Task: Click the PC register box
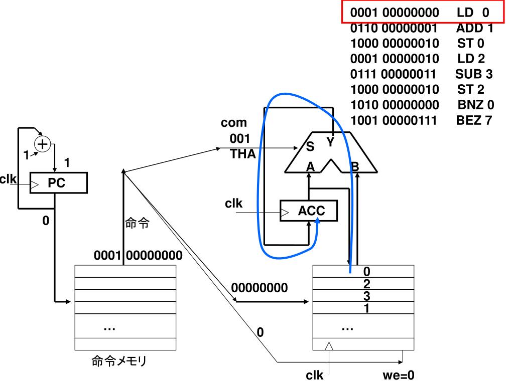(58, 183)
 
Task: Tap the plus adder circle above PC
(43, 144)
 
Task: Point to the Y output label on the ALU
(330, 143)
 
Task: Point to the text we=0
(398, 374)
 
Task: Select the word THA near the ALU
(242, 154)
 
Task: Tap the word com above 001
(234, 123)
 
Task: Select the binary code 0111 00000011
(394, 75)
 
